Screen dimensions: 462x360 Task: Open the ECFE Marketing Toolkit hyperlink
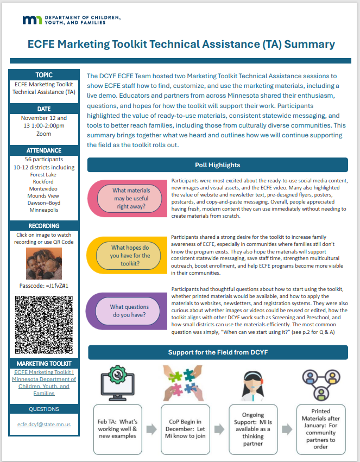tap(44, 382)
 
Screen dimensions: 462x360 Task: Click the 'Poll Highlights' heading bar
tap(217, 165)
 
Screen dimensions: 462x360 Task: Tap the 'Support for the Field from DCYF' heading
tap(218, 352)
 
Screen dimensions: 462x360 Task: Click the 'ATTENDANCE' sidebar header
tap(44, 150)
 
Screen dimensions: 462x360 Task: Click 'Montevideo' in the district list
tap(44, 188)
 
